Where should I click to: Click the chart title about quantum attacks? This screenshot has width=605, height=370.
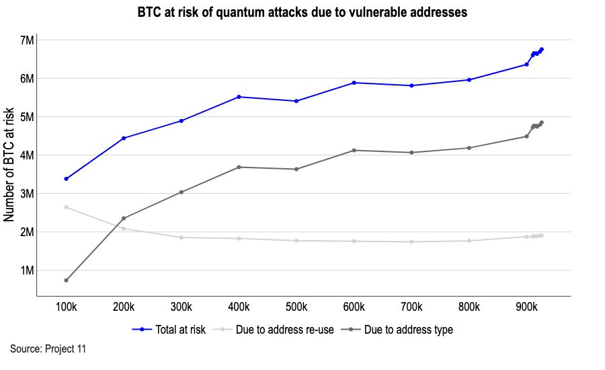302,13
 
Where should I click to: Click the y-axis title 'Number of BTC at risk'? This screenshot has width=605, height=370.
9,165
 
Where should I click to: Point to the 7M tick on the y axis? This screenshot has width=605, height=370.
26,40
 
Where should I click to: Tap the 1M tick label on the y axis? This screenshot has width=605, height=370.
26,270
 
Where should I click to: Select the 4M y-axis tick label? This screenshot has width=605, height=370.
26,155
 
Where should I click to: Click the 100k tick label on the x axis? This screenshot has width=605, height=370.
66,307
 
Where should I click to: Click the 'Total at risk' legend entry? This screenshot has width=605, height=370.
169,330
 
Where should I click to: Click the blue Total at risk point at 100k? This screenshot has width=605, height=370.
66,179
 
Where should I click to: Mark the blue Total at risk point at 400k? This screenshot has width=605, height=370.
239,97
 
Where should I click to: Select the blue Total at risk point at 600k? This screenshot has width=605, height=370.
354,83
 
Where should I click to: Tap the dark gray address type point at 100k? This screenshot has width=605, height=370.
66,281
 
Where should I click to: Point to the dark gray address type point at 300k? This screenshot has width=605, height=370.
181,192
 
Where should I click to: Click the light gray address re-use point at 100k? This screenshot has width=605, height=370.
66,207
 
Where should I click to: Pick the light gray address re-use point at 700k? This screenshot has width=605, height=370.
411,242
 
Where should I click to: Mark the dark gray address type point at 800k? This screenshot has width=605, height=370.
469,148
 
